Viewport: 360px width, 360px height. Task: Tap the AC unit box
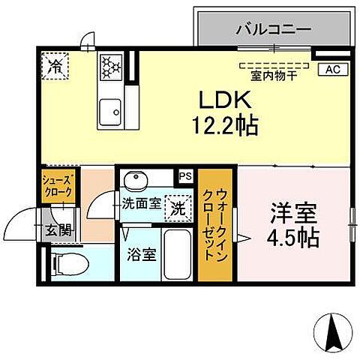[331, 70]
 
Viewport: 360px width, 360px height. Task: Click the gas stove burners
[110, 67]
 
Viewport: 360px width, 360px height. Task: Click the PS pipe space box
[184, 176]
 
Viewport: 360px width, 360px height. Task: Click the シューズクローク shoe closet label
[57, 186]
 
